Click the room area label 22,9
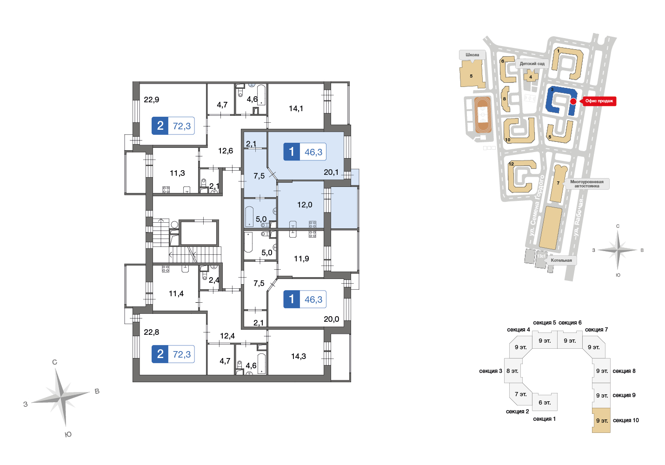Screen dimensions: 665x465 coord(152,100)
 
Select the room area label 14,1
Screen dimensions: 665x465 coord(296,109)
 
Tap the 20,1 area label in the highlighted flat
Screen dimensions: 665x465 coord(331,172)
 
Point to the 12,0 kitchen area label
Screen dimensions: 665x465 coord(305,205)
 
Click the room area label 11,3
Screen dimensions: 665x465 coord(177,173)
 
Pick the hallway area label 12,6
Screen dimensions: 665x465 coord(226,151)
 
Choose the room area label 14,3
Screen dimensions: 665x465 coord(299,356)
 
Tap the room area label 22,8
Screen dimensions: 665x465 coord(152,332)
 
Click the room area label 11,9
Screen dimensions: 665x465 coord(301,259)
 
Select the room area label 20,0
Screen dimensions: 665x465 coord(331,319)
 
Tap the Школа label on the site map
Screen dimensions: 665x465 coord(472,55)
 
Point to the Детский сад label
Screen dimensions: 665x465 coord(532,64)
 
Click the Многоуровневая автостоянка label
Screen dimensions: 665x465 coord(586,184)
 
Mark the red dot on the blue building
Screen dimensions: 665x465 coord(573,101)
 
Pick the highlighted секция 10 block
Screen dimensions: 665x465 coord(601,420)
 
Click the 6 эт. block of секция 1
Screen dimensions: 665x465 coord(545,402)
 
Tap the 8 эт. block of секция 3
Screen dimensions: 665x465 coord(513,371)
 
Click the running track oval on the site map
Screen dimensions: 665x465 coord(483,114)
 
